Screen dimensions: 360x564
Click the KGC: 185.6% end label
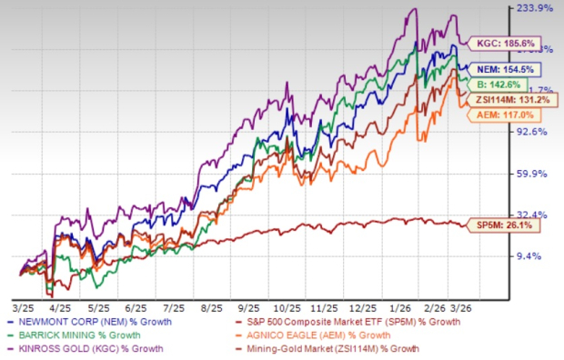coord(499,43)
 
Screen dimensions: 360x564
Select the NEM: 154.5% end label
coord(505,69)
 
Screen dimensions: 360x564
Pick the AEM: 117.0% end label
coord(503,115)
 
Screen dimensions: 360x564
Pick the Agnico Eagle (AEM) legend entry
coord(327,335)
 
